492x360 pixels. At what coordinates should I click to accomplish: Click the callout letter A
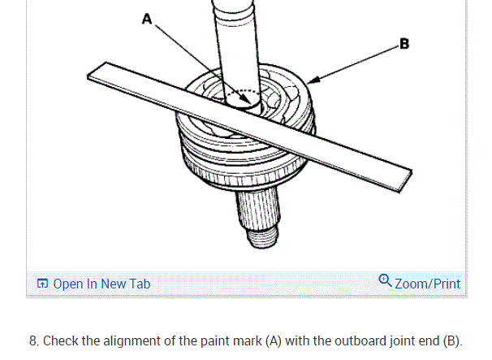tap(146, 20)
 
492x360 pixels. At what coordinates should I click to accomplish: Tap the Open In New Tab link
tap(101, 284)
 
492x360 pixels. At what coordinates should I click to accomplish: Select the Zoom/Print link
tap(427, 284)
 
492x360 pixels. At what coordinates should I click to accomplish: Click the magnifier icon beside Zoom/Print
tap(385, 282)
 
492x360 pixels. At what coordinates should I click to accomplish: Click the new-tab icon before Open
tap(42, 284)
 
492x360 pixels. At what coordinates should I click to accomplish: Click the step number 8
tap(33, 340)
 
